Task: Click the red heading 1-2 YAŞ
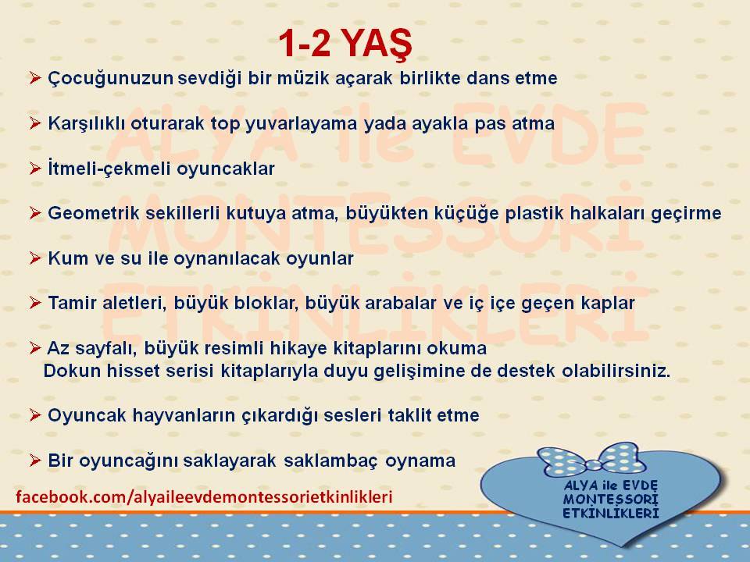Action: (x=345, y=44)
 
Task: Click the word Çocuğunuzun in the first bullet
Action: (x=110, y=79)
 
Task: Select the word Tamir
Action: (x=72, y=303)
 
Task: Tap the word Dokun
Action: (x=72, y=371)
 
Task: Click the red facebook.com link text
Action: (x=204, y=497)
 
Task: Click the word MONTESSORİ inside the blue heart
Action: (x=610, y=500)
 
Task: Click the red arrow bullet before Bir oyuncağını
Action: (x=35, y=461)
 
